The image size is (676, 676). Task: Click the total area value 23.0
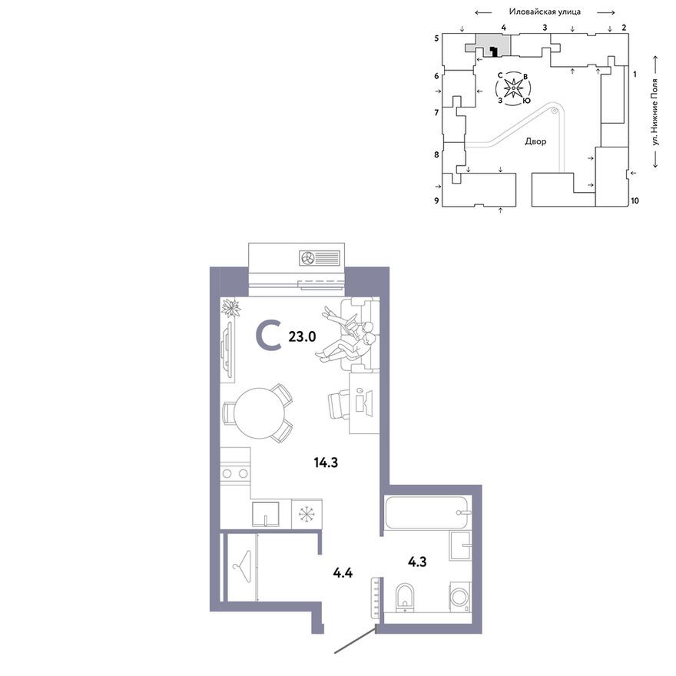(x=302, y=336)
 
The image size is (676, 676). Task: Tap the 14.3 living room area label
(x=326, y=462)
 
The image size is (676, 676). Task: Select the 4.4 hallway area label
(x=343, y=572)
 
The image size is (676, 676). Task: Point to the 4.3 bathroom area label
(x=417, y=562)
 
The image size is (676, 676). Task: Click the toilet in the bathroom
(x=404, y=597)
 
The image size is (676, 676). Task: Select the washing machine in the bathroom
(x=460, y=597)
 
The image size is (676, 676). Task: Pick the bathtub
(x=427, y=512)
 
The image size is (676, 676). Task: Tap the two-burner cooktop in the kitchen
(x=235, y=474)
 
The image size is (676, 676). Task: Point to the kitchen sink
(x=265, y=514)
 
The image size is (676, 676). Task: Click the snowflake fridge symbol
(x=307, y=514)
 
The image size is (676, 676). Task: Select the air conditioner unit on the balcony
(x=320, y=258)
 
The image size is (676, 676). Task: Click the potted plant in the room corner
(x=230, y=308)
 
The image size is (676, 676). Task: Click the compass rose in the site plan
(x=513, y=88)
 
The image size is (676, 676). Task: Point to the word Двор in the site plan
(x=535, y=141)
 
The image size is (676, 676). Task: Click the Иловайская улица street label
(x=545, y=12)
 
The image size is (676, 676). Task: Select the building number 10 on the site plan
(x=635, y=200)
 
